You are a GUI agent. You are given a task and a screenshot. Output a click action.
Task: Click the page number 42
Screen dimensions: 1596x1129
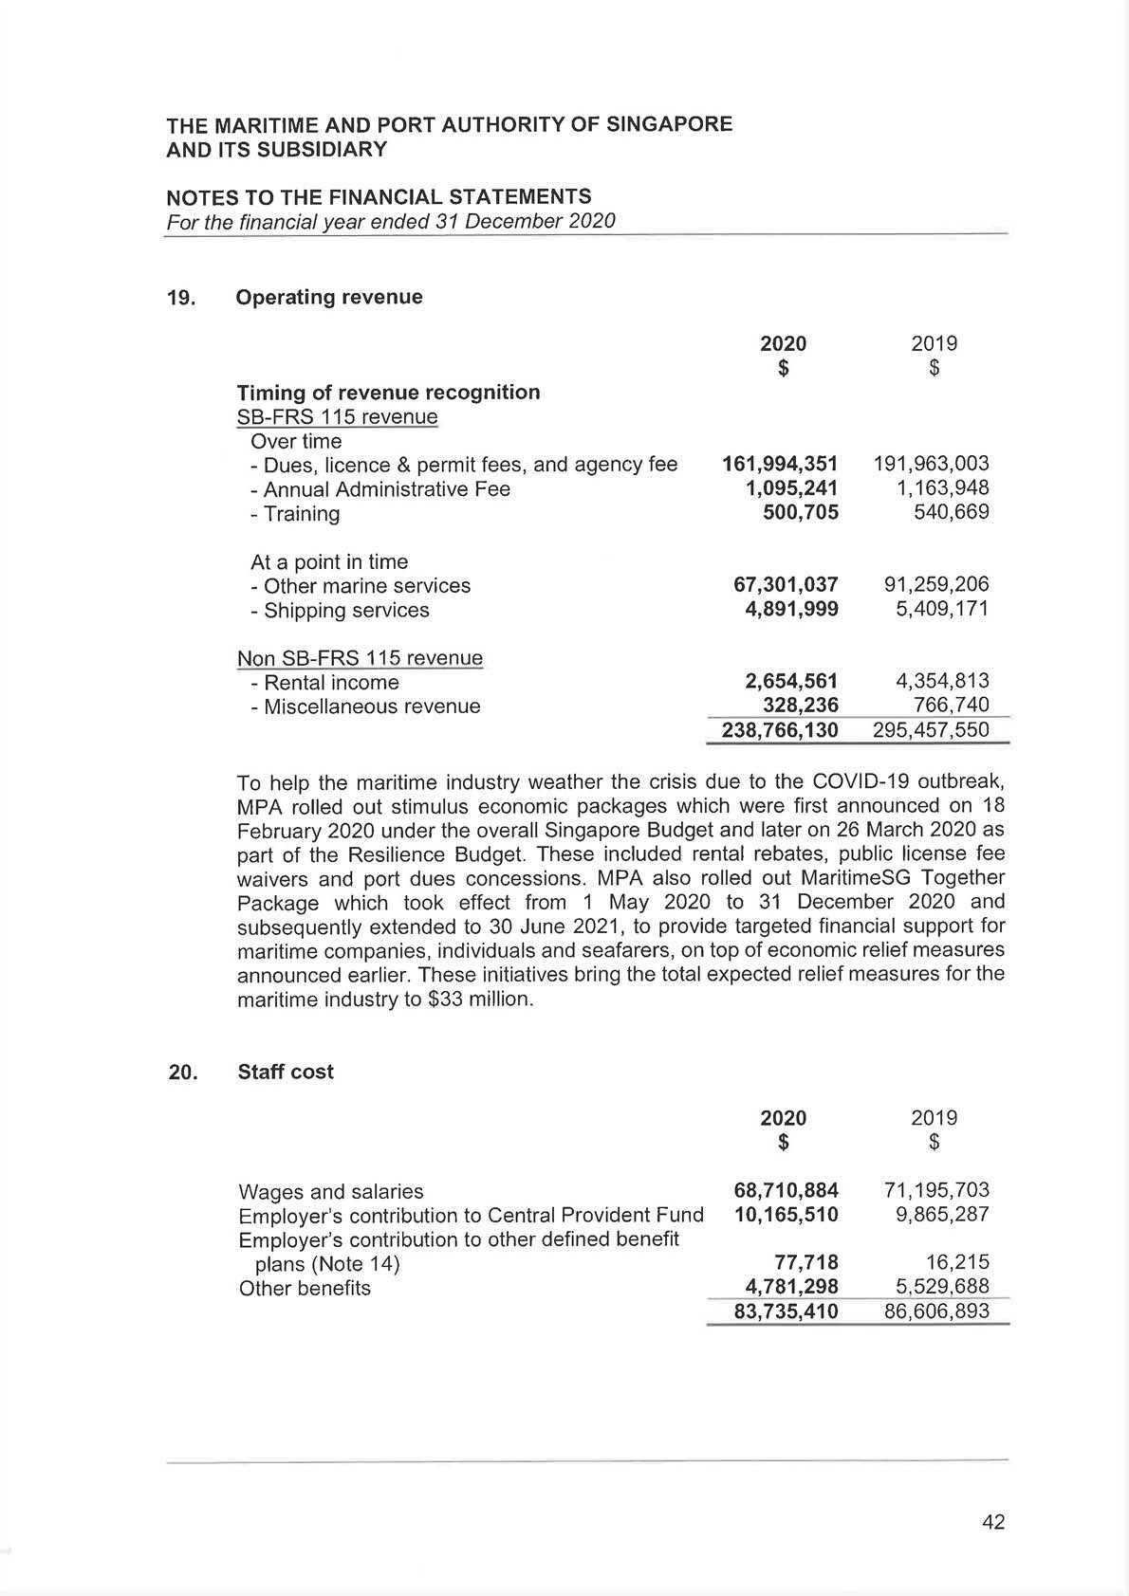pyautogui.click(x=993, y=1522)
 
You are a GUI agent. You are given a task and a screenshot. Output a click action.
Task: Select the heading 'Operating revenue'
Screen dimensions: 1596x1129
pyautogui.click(x=328, y=297)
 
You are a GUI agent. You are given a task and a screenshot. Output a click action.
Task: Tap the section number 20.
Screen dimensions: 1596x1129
pyautogui.click(x=182, y=1072)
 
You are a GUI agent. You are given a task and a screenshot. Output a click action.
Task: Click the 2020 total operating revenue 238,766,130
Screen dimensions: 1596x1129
pyautogui.click(x=780, y=730)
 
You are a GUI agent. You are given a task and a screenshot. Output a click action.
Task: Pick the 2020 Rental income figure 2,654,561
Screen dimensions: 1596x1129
pyautogui.click(x=791, y=681)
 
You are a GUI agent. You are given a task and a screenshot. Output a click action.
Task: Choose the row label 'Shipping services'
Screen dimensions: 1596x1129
pyautogui.click(x=346, y=611)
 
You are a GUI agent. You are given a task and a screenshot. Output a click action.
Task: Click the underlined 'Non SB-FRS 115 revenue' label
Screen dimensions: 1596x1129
pyautogui.click(x=360, y=658)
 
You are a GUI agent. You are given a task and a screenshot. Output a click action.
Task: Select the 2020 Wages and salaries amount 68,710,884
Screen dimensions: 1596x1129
pyautogui.click(x=786, y=1190)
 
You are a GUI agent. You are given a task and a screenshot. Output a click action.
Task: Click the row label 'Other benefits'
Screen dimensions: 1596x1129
pyautogui.click(x=305, y=1289)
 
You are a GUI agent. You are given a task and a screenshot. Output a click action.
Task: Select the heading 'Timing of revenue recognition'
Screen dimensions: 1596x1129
pyautogui.click(x=388, y=393)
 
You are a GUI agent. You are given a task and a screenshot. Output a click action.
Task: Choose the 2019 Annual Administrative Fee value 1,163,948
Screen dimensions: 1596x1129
pyautogui.click(x=943, y=488)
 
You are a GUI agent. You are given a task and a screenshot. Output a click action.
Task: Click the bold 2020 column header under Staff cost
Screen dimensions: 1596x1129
pyautogui.click(x=784, y=1118)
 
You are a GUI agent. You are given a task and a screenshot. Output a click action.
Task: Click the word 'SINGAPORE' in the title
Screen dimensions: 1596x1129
pyautogui.click(x=671, y=124)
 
